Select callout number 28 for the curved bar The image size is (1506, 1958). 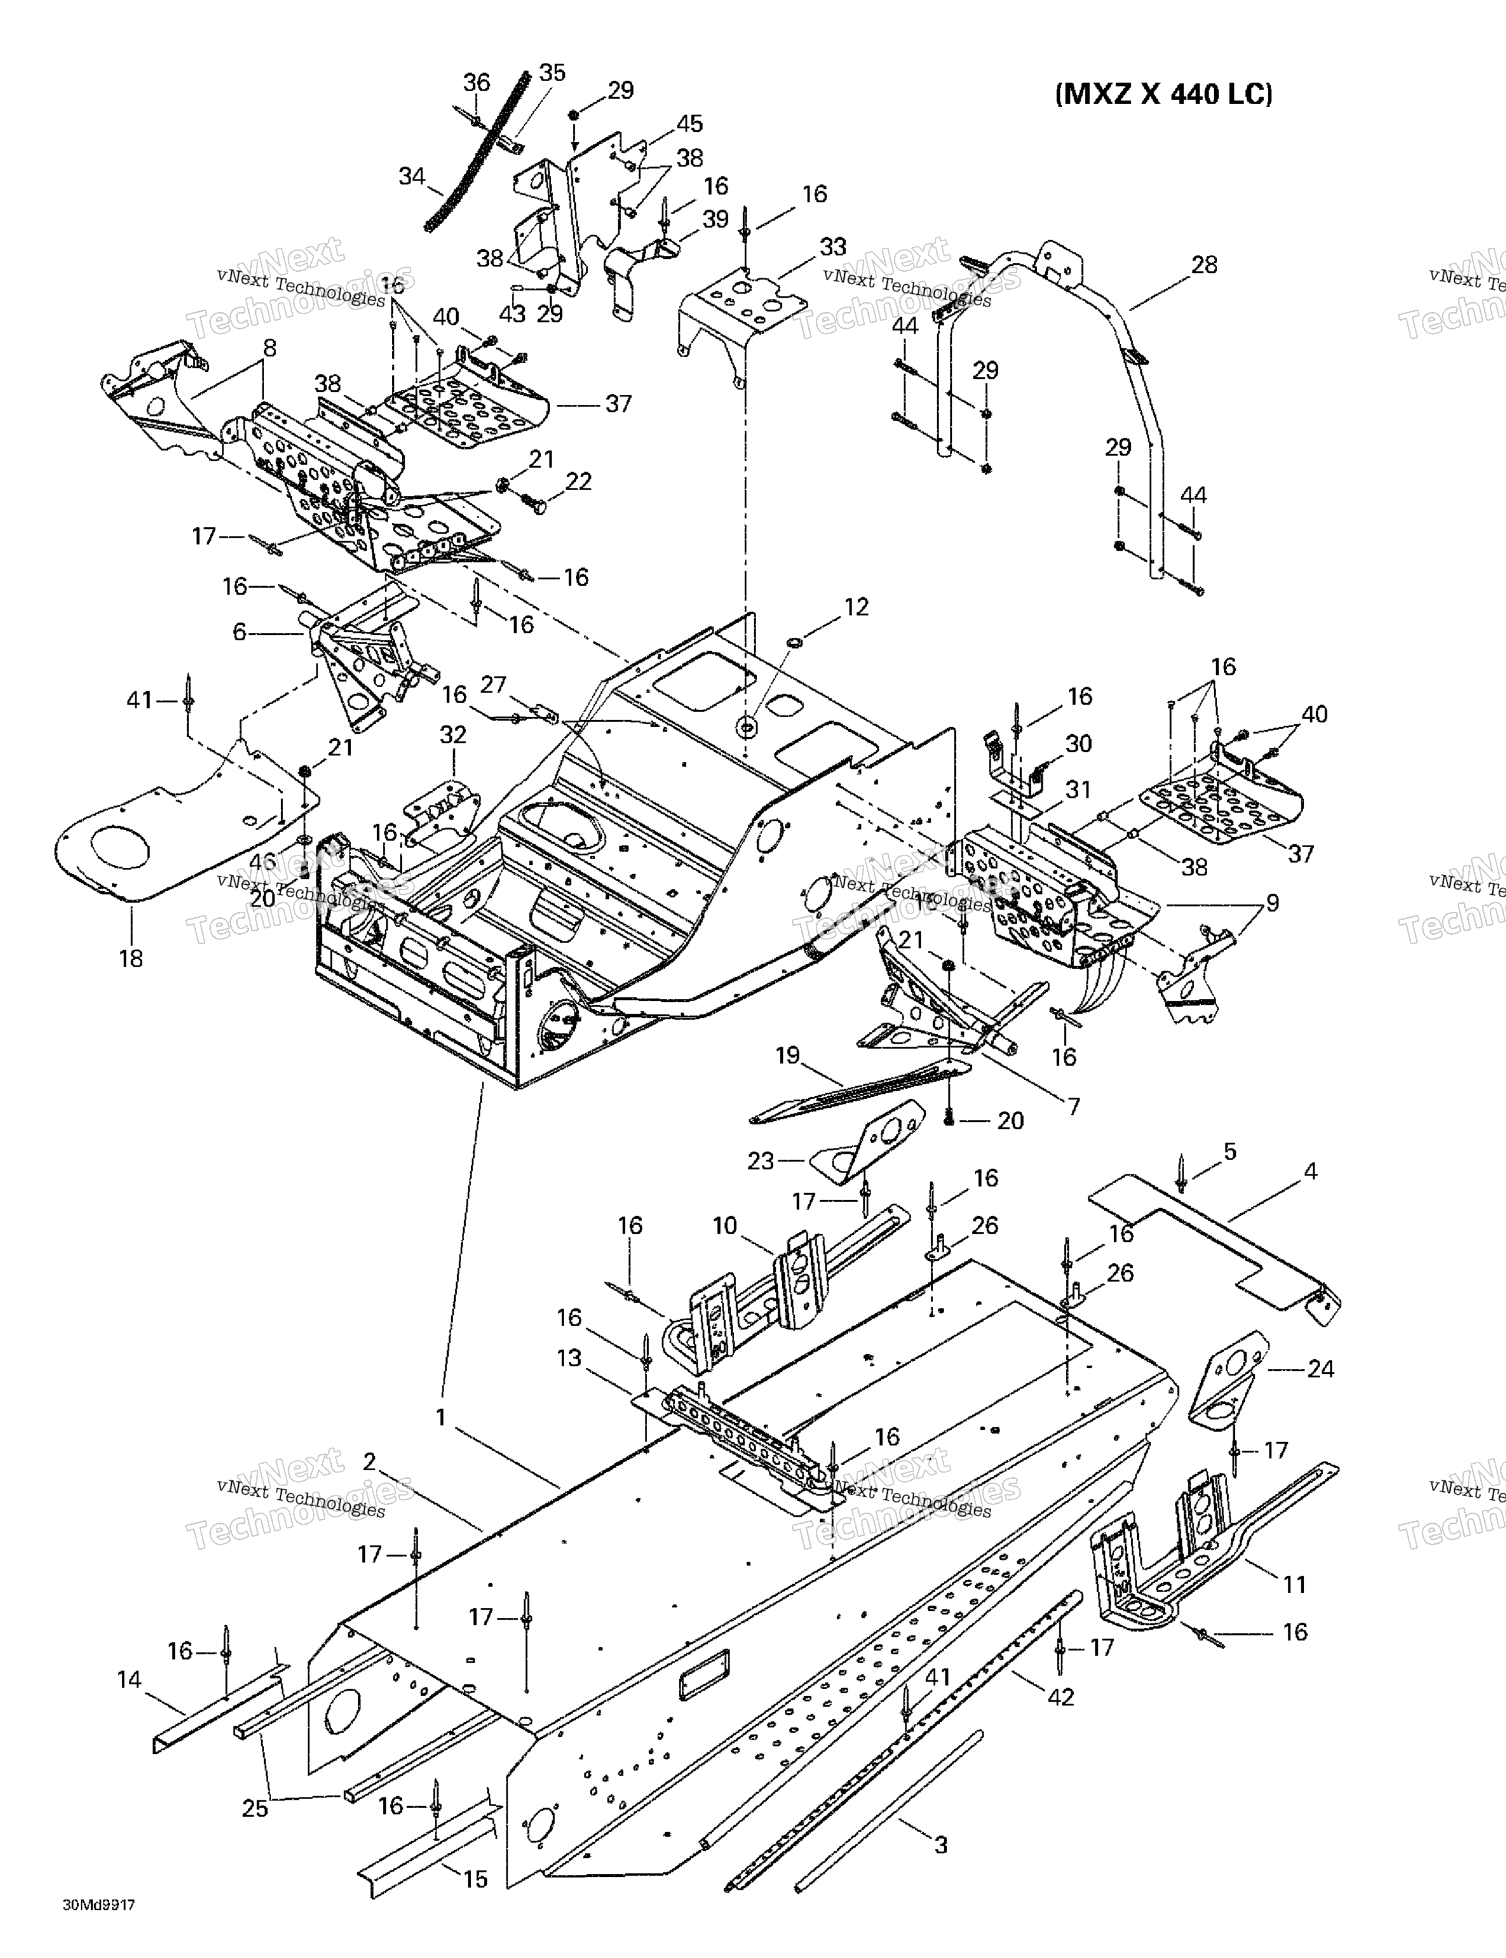click(x=1205, y=265)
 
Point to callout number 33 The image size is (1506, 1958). click(x=833, y=247)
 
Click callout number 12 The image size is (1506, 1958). click(x=856, y=607)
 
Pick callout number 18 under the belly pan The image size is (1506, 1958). click(x=131, y=958)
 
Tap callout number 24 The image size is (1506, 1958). click(x=1321, y=1369)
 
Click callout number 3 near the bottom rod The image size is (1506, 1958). click(x=940, y=1845)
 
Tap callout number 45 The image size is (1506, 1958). click(x=689, y=124)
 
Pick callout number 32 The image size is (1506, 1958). click(x=453, y=735)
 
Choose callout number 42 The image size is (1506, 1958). click(x=1061, y=1697)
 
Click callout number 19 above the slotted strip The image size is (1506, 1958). click(x=787, y=1056)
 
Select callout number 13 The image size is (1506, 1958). click(x=569, y=1358)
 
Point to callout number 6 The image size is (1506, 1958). click(x=239, y=632)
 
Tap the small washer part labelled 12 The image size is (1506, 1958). click(x=794, y=643)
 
